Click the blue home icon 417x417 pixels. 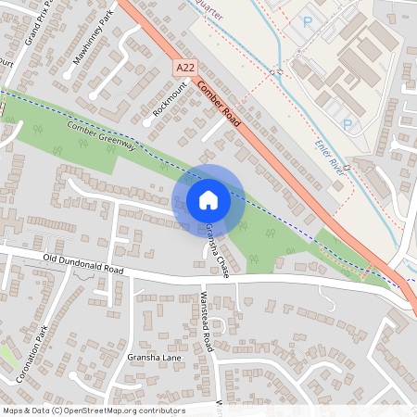coord(208,200)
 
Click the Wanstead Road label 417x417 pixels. coord(208,322)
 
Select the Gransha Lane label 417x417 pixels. coord(155,358)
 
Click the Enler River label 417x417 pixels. coord(331,157)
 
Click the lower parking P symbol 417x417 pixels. coord(347,123)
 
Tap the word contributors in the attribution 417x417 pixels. coord(159,410)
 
